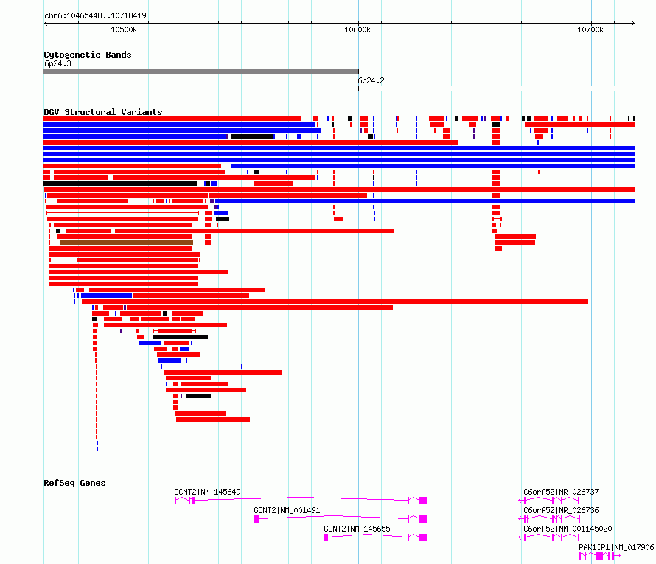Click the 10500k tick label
pos(124,29)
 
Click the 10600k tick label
pos(357,29)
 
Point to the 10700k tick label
pos(590,29)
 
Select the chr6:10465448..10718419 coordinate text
pos(95,15)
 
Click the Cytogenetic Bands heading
pos(87,55)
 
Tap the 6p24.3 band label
pos(57,63)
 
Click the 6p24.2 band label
pos(371,80)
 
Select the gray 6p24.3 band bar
pos(200,72)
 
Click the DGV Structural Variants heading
pos(102,112)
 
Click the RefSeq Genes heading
pos(74,483)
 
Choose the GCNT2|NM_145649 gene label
pos(207,492)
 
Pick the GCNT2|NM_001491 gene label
pos(287,510)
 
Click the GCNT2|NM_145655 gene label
pos(357,529)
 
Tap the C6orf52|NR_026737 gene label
pos(561,492)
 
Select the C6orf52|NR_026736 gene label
pos(561,510)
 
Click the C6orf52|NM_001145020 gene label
pos(568,529)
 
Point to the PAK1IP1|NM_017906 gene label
pos(616,547)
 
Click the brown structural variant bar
pos(126,242)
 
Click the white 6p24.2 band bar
pos(496,88)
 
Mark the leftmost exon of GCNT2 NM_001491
pos(257,519)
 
